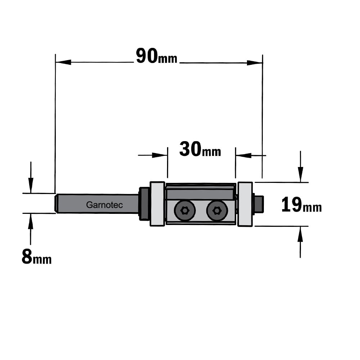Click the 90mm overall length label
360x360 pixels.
tap(157, 56)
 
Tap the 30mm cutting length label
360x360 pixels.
tap(200, 149)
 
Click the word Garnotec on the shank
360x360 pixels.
tap(104, 205)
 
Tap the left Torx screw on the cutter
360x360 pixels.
tap(185, 210)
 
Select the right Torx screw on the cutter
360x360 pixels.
tap(217, 210)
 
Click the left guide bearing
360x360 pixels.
tap(158, 204)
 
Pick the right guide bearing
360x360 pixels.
tap(245, 204)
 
